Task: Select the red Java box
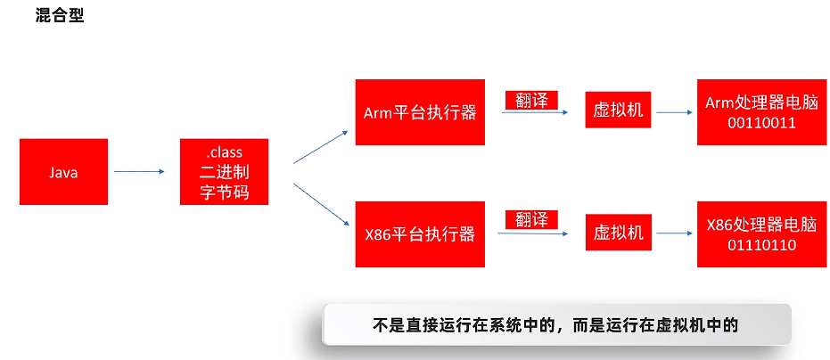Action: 63,172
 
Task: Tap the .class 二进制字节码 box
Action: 224,172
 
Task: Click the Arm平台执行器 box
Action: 420,112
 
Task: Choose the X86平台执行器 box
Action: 420,234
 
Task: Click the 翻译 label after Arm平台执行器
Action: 531,100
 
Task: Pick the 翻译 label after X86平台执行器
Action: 531,219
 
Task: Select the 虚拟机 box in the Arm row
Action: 618,111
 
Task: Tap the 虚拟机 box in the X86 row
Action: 618,233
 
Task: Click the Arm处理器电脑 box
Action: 750,112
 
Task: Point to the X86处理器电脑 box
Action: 750,234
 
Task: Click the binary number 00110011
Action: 750,123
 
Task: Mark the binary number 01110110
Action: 750,244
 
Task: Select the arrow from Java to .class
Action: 140,171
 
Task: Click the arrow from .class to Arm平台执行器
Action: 320,147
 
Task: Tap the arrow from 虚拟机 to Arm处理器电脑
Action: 674,113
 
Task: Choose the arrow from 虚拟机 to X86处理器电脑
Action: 674,234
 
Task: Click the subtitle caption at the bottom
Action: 556,325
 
